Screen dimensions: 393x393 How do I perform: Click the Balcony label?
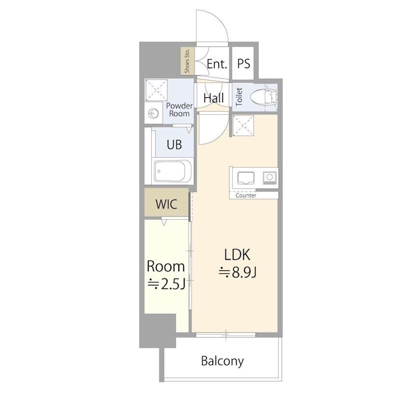click(x=223, y=361)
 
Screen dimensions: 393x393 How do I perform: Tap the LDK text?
click(x=237, y=254)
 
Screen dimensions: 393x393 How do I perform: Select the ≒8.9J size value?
click(x=237, y=273)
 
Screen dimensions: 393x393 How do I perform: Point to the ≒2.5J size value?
click(x=167, y=284)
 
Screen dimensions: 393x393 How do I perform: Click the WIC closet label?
click(x=166, y=204)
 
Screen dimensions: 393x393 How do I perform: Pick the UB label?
click(x=174, y=144)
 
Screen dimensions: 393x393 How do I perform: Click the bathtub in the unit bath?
click(x=173, y=171)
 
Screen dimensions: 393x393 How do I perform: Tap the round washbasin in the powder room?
click(x=153, y=114)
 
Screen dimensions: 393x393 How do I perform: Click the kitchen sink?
click(x=246, y=178)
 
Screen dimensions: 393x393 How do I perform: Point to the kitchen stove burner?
click(x=270, y=178)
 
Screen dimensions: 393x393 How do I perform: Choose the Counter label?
click(x=246, y=196)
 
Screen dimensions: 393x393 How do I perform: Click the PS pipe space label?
click(x=244, y=64)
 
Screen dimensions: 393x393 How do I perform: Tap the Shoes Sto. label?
click(x=187, y=61)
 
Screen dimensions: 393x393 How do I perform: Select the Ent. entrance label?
click(x=217, y=64)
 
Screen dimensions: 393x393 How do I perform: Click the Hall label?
click(x=214, y=98)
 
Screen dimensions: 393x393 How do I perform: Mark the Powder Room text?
click(x=179, y=110)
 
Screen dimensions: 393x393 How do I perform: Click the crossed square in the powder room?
click(x=156, y=90)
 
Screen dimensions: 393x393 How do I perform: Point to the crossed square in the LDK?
click(x=243, y=126)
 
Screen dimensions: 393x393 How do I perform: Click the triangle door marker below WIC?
click(x=164, y=222)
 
